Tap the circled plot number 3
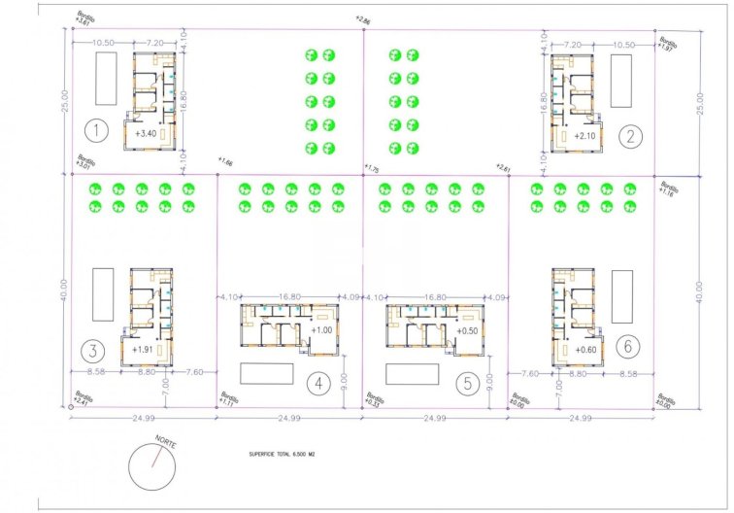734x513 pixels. click(x=93, y=351)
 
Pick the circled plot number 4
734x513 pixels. click(x=317, y=384)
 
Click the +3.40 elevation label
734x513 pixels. click(x=147, y=133)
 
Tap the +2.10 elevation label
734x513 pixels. click(x=585, y=136)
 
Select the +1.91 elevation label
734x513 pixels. click(x=145, y=348)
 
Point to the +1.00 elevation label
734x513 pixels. click(x=321, y=330)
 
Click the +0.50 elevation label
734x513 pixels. click(x=467, y=330)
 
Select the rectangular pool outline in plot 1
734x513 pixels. click(x=106, y=80)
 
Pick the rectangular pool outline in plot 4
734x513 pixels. click(x=266, y=374)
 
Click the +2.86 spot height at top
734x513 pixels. click(x=363, y=18)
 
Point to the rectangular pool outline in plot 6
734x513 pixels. click(x=622, y=296)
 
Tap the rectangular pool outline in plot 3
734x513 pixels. click(x=103, y=295)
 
